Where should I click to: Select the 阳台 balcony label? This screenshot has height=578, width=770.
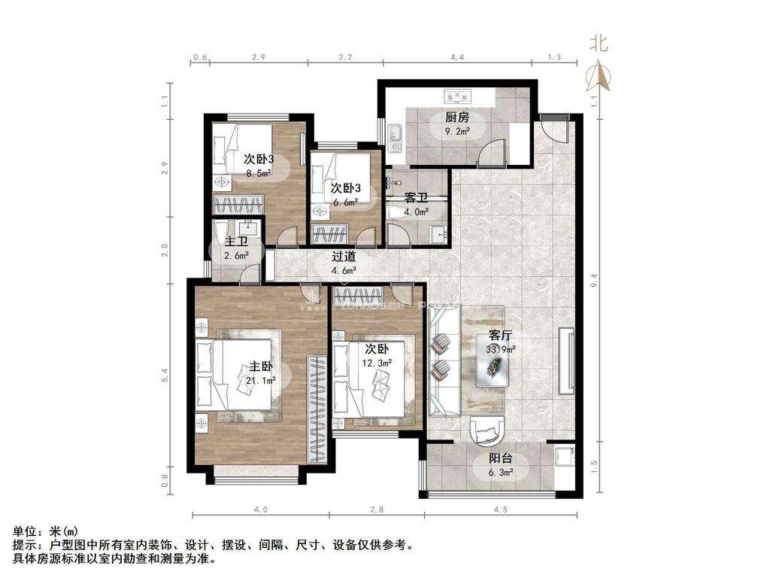(502, 459)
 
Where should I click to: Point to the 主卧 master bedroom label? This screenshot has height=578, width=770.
(261, 367)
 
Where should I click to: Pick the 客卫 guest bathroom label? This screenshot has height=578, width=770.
(416, 199)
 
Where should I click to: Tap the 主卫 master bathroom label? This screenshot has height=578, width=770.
(236, 242)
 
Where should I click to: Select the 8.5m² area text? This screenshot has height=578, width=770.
(258, 172)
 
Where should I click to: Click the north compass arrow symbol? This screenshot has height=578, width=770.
(599, 75)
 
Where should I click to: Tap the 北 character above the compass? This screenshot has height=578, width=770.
(599, 44)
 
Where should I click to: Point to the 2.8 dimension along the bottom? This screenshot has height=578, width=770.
(376, 510)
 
